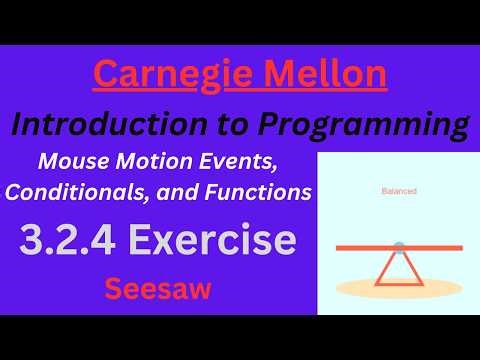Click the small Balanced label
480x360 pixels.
[399, 190]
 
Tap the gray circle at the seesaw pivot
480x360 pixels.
[399, 247]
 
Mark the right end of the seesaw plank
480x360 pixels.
[458, 247]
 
